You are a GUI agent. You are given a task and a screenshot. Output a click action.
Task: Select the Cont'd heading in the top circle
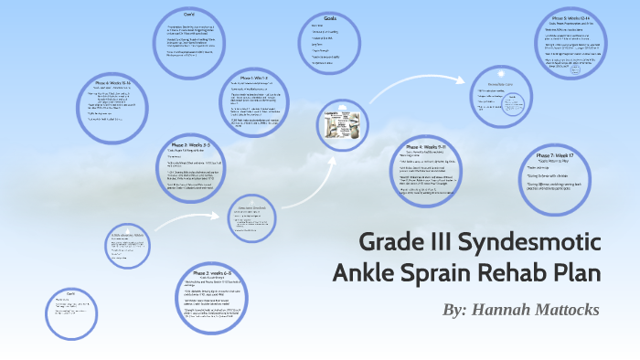190,15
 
